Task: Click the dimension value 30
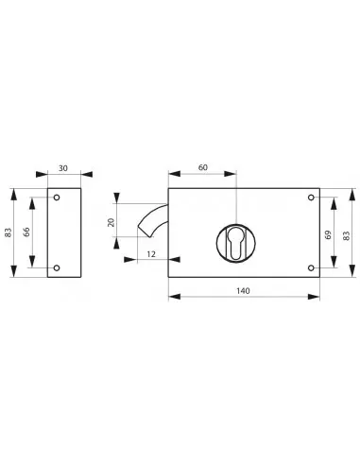[x=63, y=168]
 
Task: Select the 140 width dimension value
[x=243, y=291]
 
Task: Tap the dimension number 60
[x=203, y=167]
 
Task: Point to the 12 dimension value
[x=151, y=254]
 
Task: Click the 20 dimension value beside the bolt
[x=111, y=222]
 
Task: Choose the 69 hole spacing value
[x=328, y=234]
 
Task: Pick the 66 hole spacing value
[x=26, y=232]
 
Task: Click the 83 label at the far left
[x=9, y=232]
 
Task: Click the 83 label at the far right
[x=347, y=235]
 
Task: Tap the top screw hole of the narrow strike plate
[x=57, y=198]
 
